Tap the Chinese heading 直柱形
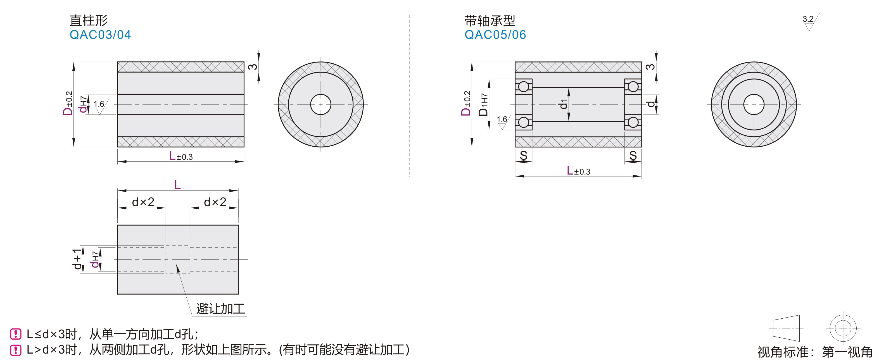[88, 20]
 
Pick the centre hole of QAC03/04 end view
[321, 104]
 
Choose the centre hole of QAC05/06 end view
[754, 104]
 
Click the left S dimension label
[523, 156]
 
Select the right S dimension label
[633, 156]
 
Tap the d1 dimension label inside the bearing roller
[563, 104]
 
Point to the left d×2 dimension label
[143, 202]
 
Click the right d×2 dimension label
[215, 202]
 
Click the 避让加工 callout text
[220, 309]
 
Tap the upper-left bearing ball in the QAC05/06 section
[523, 87]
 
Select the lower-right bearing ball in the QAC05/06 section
[633, 122]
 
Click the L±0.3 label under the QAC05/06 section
[578, 171]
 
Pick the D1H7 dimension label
[483, 105]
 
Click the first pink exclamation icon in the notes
[16, 334]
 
